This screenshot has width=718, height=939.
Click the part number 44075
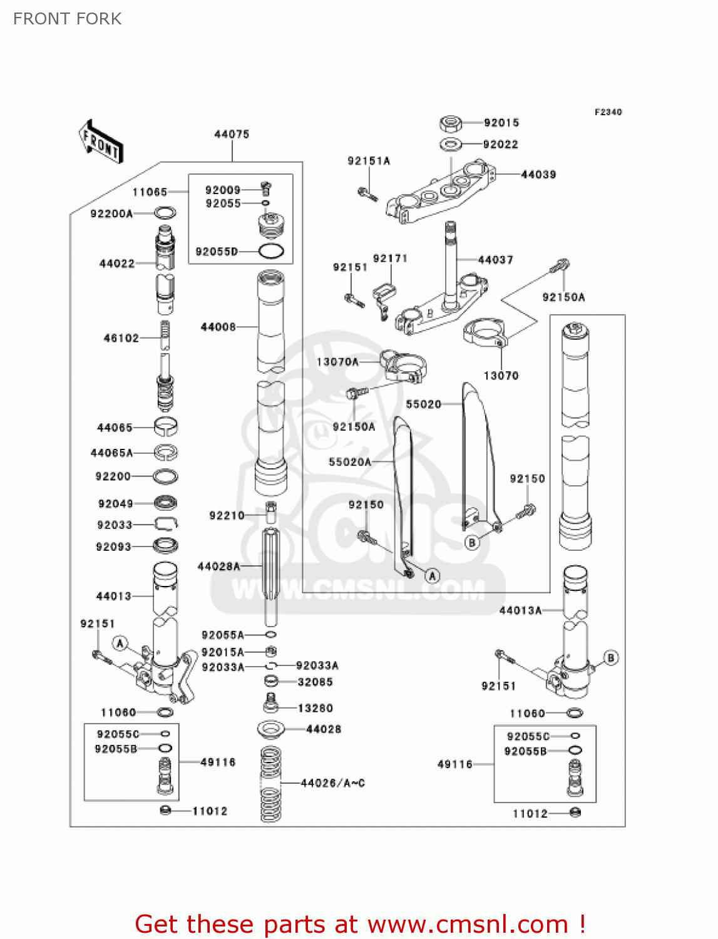232,134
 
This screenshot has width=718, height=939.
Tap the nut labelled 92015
451,123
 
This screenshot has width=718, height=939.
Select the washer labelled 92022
451,145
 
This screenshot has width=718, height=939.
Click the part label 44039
538,175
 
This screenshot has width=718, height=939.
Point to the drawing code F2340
608,112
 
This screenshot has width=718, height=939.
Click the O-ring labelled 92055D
271,252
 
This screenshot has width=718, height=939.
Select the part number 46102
121,338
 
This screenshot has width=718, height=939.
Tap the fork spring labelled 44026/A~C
270,784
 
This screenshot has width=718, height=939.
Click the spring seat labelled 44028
271,729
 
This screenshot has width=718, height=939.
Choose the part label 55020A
350,462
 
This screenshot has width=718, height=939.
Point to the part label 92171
390,259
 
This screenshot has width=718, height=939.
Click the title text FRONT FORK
67,19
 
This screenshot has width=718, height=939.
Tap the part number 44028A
218,567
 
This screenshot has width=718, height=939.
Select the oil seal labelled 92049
165,503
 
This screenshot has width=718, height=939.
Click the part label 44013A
520,610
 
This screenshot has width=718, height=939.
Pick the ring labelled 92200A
165,213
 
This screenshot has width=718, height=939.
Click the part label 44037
495,260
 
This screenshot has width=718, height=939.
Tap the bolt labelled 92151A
367,194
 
